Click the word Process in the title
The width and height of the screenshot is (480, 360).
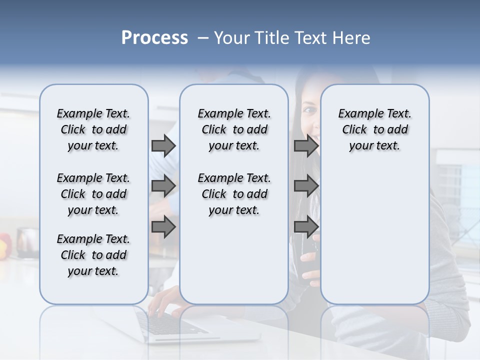154,38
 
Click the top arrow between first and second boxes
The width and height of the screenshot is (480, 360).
163,146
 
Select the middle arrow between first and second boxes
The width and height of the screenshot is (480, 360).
163,186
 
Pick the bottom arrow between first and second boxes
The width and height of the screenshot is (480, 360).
163,226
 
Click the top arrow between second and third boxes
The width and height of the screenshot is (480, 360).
306,146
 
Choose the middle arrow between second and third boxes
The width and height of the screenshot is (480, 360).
306,186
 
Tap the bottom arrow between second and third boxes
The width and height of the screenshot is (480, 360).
306,226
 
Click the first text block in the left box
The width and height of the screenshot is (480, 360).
93,129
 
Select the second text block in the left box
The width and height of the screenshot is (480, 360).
93,194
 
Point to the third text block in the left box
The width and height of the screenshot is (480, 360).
93,255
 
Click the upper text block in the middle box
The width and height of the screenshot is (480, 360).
234,129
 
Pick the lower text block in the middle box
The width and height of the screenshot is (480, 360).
234,194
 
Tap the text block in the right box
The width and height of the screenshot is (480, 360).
374,129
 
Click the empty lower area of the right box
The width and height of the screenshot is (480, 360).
374,235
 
